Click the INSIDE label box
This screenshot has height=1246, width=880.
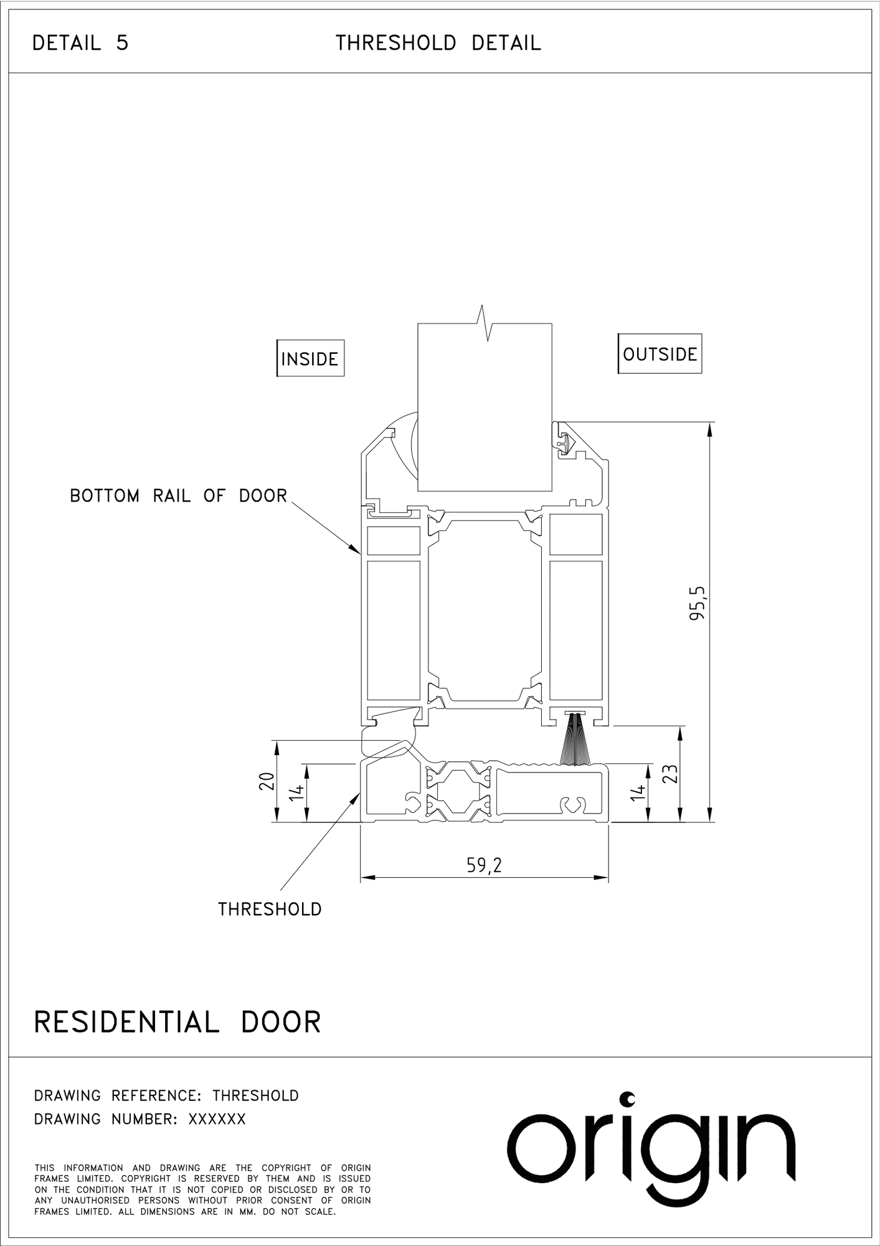(x=310, y=358)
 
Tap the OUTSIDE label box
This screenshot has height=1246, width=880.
(x=660, y=354)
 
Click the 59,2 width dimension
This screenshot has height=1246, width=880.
(x=485, y=865)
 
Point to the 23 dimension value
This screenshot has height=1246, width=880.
(x=670, y=774)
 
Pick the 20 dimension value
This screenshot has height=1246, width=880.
(x=266, y=781)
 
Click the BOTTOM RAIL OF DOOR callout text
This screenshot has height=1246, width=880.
(x=179, y=496)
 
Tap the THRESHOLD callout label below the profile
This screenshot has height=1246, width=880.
(x=270, y=909)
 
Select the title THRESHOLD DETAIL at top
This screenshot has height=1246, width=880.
(x=438, y=43)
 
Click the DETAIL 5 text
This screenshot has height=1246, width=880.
(x=80, y=43)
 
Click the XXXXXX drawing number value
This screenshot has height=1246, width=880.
(x=217, y=1120)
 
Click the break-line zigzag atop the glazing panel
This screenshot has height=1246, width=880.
(x=485, y=323)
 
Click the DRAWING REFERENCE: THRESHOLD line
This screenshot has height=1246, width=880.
(x=166, y=1096)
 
